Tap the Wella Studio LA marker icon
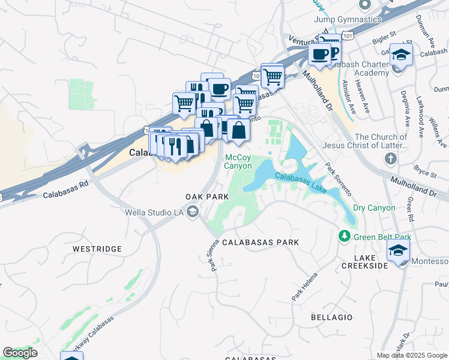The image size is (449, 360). point(193,211)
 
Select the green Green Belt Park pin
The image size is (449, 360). point(344,236)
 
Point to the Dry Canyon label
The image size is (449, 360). point(374,208)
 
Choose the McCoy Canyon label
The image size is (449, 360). point(238,162)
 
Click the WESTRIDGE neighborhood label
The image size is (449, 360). point(97,248)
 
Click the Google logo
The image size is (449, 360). point(20,353)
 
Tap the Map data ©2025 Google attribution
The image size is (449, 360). point(411,355)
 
